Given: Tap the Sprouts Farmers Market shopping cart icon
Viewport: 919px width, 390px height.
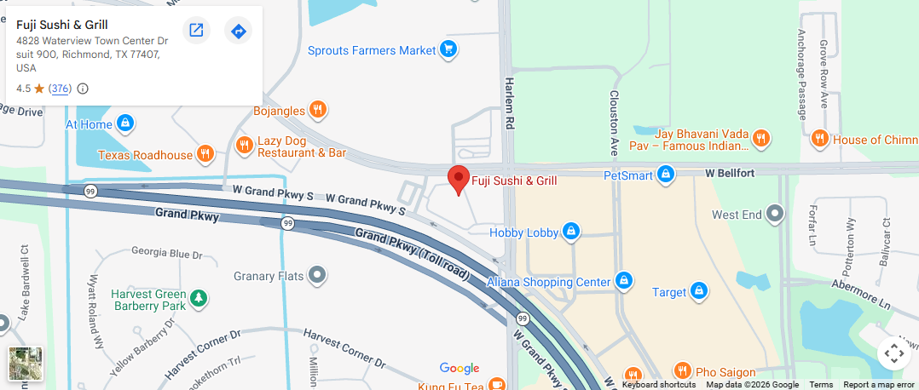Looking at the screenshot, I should point(448,50).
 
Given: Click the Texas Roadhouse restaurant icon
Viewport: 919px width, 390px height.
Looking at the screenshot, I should point(205,154).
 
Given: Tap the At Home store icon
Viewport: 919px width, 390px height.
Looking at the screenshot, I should point(125,123).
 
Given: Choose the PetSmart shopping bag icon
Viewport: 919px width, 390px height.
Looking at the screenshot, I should point(666,175).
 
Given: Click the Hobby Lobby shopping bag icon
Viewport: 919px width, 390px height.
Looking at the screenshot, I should point(571,231).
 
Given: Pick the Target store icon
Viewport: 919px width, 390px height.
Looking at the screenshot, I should point(699,291).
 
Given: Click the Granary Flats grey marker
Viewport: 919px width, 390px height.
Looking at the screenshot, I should point(317,275).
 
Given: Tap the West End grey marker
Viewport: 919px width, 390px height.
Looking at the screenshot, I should point(775,214).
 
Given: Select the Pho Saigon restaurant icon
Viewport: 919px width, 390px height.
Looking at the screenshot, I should point(682,371).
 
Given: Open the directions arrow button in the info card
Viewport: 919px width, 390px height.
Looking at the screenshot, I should point(239,31).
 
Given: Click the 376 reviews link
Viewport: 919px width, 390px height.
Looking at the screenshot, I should point(60,89).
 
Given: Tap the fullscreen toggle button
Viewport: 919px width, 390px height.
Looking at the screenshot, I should point(893,353).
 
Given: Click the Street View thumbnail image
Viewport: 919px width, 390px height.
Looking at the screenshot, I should point(26,364).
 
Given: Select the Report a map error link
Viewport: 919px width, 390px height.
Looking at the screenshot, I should point(878,385).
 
